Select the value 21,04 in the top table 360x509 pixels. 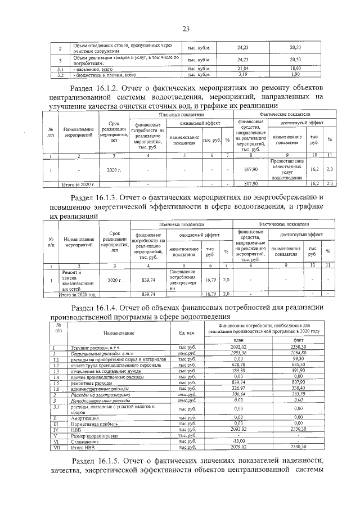click(x=242, y=68)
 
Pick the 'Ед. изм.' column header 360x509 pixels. click(x=186, y=334)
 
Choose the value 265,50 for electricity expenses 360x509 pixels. click(x=298, y=394)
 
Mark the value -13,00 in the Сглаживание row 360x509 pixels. click(x=238, y=442)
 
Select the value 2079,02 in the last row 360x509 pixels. click(x=238, y=447)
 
